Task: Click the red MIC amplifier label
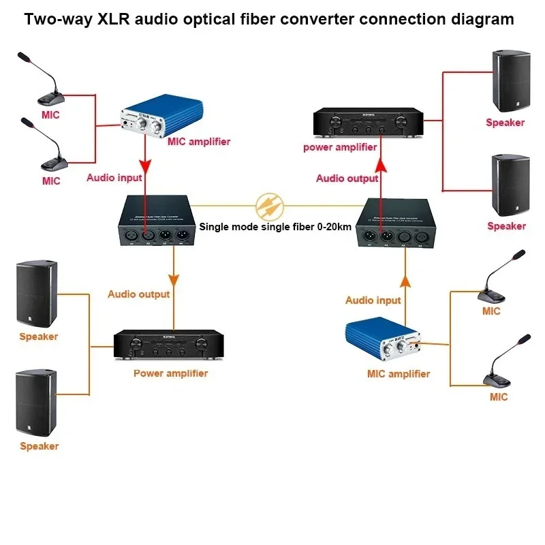coord(199,142)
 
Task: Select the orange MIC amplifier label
coord(399,373)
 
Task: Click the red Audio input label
coord(114,178)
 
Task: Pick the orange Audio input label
coord(373,300)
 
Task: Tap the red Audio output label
coord(347,178)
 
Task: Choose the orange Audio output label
coord(138,294)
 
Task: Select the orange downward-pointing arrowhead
coord(174,279)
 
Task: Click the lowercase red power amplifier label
coord(340,147)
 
